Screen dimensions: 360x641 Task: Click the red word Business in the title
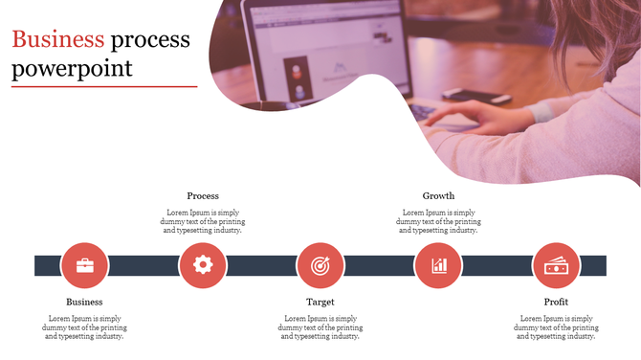click(x=57, y=40)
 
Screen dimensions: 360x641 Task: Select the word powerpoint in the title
click(x=72, y=69)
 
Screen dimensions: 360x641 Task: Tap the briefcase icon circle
click(x=85, y=265)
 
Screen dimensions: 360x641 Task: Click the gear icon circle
click(x=203, y=265)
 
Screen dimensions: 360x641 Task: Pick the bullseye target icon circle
click(x=320, y=265)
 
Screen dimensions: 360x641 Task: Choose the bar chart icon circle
click(x=438, y=265)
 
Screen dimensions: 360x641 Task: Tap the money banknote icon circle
click(x=556, y=265)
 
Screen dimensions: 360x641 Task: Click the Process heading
click(x=203, y=196)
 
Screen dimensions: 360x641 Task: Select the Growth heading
click(x=438, y=196)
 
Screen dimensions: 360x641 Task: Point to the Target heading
click(x=320, y=302)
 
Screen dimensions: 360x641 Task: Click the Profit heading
click(x=556, y=302)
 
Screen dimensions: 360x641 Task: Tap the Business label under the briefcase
click(x=84, y=302)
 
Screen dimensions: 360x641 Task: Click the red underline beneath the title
click(x=104, y=87)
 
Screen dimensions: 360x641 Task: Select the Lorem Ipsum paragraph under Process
click(x=203, y=221)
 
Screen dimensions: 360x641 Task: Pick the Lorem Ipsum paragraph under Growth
click(x=438, y=221)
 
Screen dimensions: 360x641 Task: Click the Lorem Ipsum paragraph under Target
click(x=320, y=327)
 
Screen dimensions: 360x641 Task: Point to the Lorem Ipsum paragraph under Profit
click(x=556, y=327)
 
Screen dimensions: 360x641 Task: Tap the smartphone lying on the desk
click(x=475, y=96)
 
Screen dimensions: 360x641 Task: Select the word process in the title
click(x=150, y=40)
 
